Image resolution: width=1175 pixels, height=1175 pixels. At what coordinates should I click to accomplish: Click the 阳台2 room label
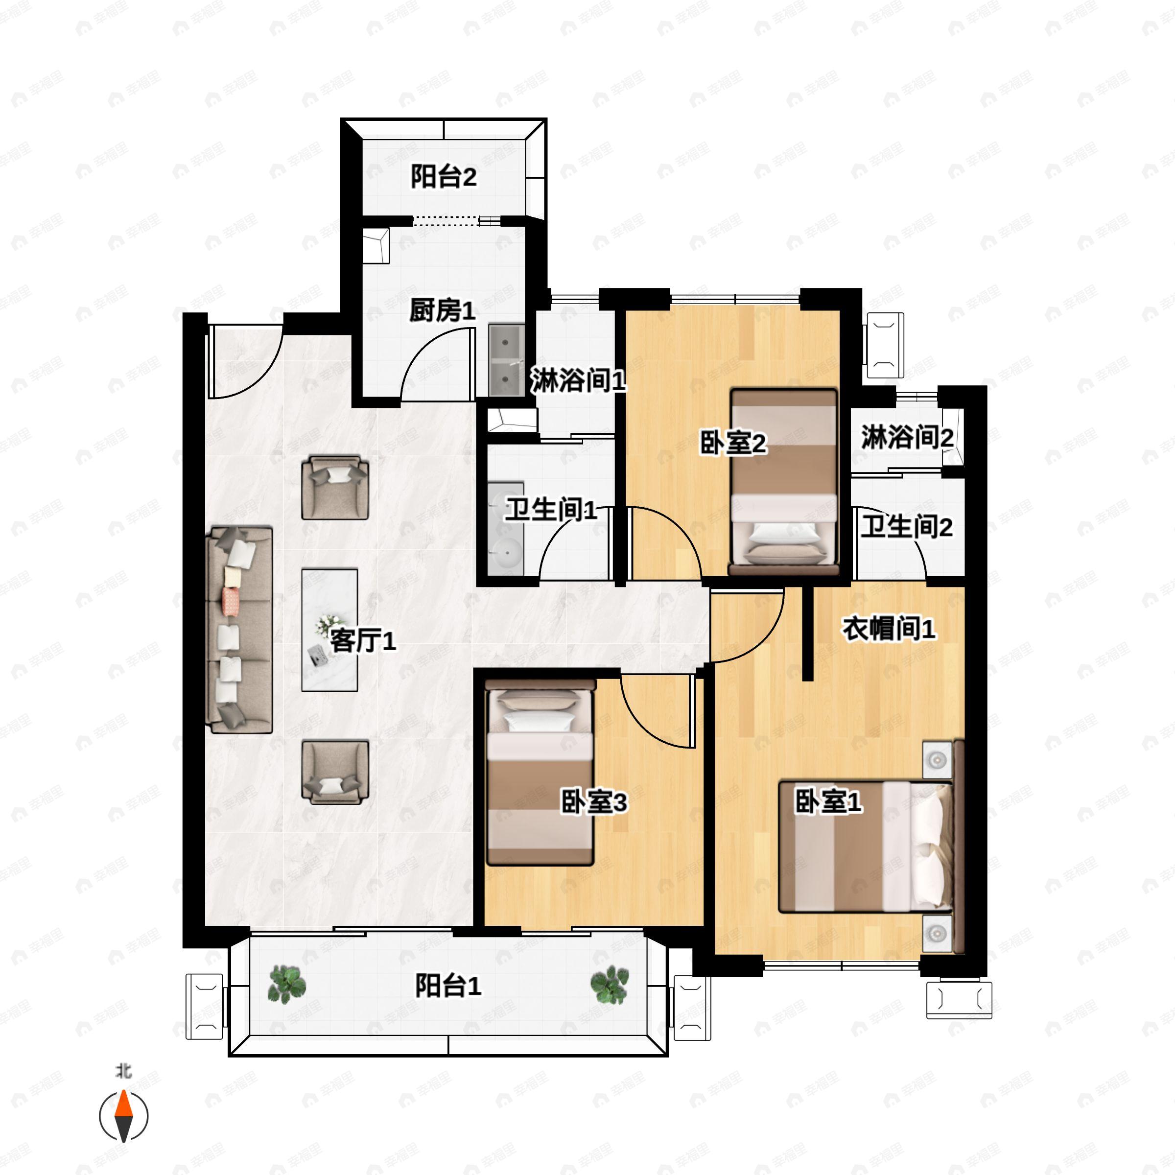[x=444, y=177]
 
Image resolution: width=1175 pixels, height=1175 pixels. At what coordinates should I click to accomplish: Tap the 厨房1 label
[x=442, y=311]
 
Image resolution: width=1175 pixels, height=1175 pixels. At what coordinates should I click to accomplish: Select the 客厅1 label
[x=363, y=640]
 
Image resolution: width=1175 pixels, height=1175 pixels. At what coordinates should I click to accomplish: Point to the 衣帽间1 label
[x=889, y=628]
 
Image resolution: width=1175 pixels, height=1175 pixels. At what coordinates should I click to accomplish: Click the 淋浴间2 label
[x=907, y=437]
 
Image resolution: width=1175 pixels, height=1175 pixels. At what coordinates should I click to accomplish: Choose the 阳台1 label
[x=448, y=986]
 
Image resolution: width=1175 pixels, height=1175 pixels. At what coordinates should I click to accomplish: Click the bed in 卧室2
[x=784, y=482]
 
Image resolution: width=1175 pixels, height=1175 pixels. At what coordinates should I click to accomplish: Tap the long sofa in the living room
[x=239, y=630]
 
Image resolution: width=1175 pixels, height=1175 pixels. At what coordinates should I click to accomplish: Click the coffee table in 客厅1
[x=329, y=630]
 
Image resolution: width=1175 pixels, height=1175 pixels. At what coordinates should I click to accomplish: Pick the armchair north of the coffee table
[x=335, y=487]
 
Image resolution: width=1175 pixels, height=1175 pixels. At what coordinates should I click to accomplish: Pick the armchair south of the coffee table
[x=335, y=772]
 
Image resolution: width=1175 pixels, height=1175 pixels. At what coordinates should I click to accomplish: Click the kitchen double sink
[x=507, y=360]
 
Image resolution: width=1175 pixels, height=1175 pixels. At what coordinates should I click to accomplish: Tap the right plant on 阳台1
[x=610, y=985]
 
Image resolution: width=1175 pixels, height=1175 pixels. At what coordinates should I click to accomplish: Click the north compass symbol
[x=123, y=1116]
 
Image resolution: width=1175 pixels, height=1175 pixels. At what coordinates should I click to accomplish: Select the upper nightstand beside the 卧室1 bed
[x=937, y=760]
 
